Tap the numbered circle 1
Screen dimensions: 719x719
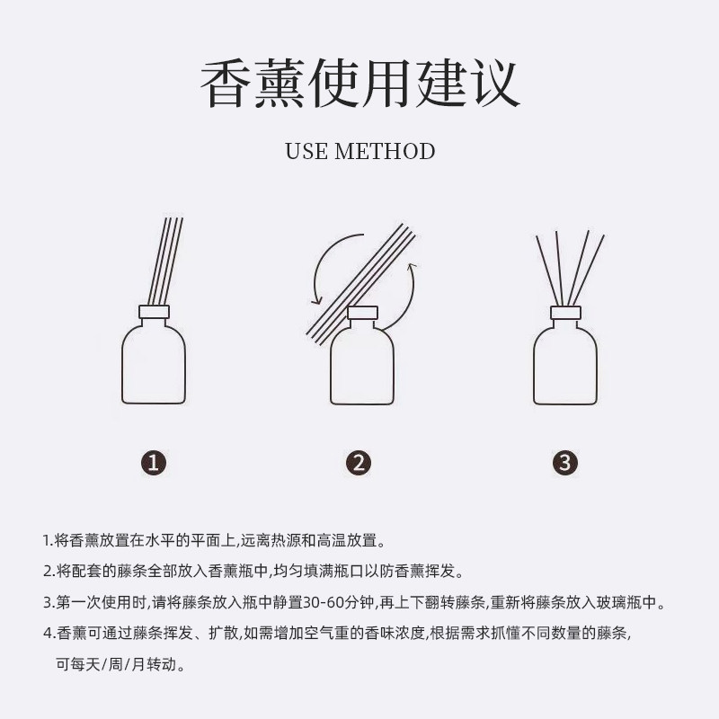coord(154,462)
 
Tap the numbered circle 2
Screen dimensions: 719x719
coord(359,462)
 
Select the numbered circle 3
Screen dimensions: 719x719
coord(564,462)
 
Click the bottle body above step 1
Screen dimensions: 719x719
coord(154,364)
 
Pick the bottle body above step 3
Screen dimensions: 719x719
coord(565,364)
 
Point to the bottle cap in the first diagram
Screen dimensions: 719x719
coord(154,313)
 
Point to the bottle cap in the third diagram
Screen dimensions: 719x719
coord(565,313)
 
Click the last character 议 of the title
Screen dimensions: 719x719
coord(493,84)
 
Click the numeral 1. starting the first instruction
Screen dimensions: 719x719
coord(48,541)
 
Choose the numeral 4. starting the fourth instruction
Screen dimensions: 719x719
coord(49,634)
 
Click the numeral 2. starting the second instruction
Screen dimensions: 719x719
coord(49,572)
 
